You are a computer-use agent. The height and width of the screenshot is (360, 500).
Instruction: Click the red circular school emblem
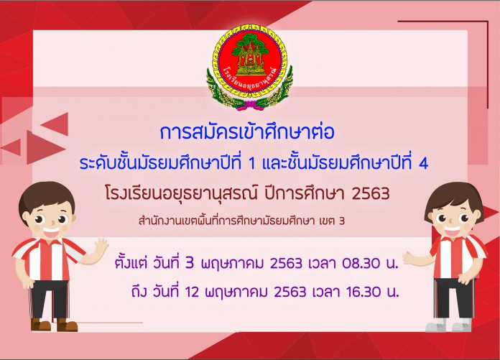point(249,62)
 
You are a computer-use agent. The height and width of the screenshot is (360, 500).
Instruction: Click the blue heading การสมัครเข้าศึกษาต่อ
point(247,133)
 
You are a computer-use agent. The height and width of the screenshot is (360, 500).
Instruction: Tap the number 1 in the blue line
point(251,165)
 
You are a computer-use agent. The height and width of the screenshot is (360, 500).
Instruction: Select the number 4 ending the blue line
point(423,165)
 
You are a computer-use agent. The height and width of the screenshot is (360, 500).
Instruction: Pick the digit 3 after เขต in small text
point(342,221)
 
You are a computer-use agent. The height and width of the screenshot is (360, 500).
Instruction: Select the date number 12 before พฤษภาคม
point(192,292)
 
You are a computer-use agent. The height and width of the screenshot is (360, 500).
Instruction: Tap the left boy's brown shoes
point(54,325)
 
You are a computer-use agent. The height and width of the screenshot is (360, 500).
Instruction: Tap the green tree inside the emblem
point(250,45)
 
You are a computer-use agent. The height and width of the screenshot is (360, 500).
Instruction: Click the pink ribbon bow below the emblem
point(251,105)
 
